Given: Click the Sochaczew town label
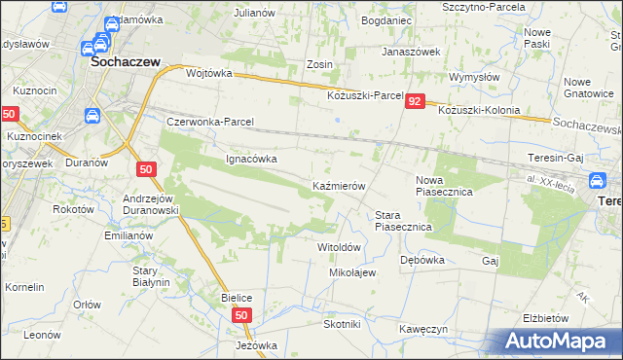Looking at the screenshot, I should (125, 60).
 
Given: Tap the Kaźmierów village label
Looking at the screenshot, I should (338, 185).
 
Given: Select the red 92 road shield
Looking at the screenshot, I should (416, 101).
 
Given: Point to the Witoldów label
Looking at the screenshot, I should (340, 247).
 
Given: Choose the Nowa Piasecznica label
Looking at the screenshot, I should (444, 193).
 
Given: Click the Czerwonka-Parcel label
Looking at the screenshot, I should (210, 123).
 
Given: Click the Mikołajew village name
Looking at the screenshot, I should (352, 272).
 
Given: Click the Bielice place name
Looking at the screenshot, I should (237, 296).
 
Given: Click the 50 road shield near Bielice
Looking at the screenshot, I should (242, 316).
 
